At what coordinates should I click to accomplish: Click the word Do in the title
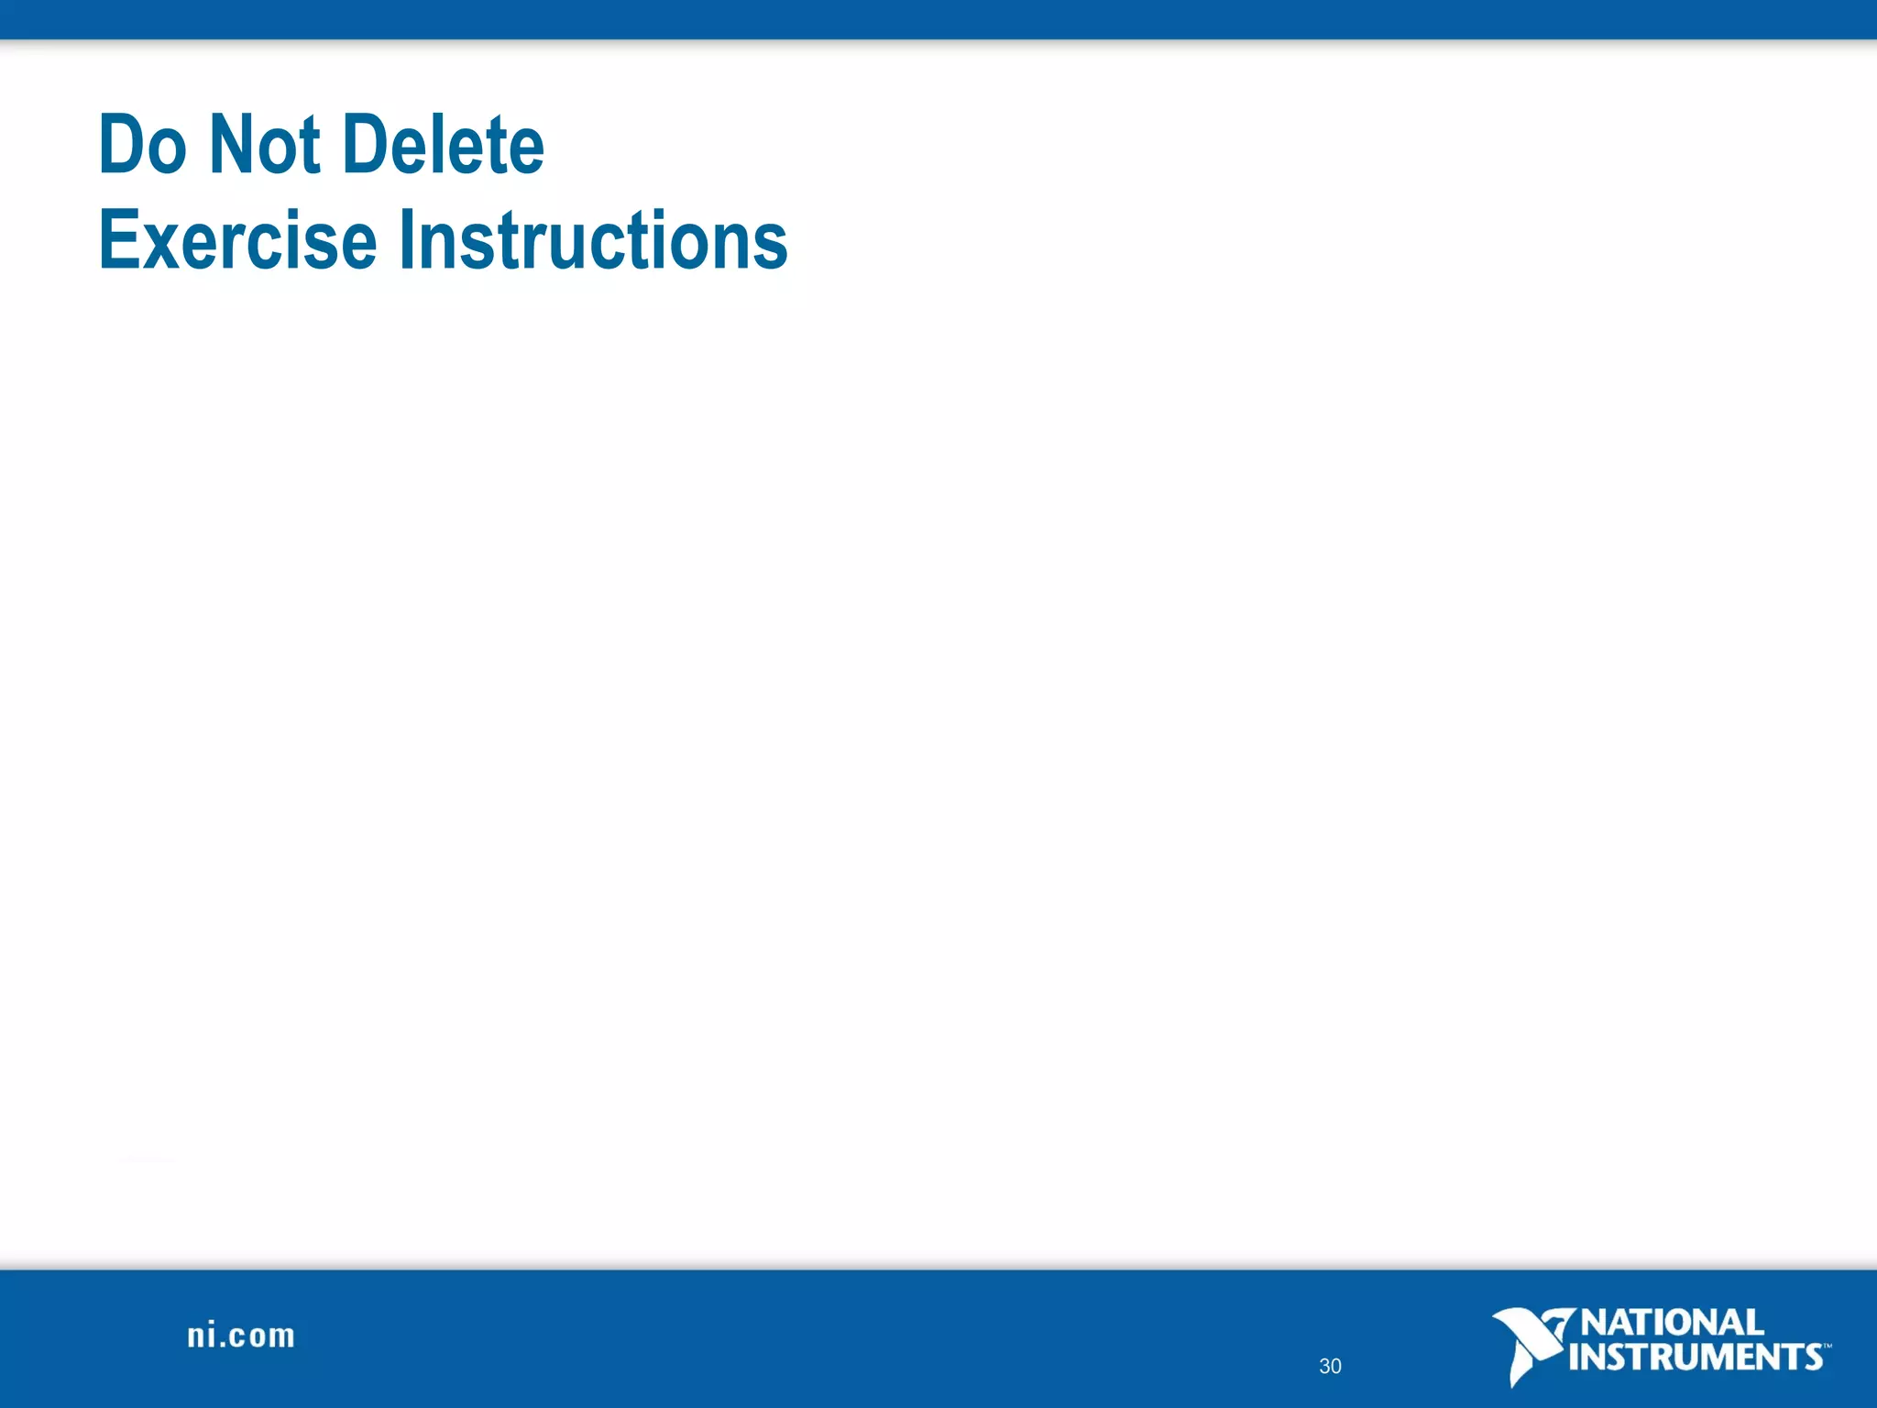point(142,145)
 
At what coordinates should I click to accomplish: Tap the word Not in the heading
point(265,145)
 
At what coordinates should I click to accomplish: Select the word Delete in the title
point(446,145)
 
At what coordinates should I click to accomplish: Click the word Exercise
point(237,240)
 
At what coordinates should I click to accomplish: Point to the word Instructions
point(593,240)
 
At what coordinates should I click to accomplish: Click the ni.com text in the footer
point(241,1336)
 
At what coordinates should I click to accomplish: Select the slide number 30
point(1330,1367)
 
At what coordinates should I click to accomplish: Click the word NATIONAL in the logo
point(1672,1323)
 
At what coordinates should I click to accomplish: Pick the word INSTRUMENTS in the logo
point(1696,1357)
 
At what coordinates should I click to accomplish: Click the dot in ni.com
point(225,1346)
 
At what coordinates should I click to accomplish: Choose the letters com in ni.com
point(263,1337)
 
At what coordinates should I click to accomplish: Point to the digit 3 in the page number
point(1324,1367)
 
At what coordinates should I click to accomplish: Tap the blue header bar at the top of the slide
point(938,18)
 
